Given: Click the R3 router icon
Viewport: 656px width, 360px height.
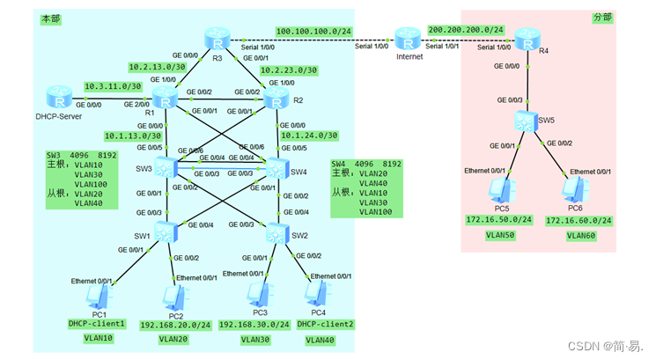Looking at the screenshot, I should [x=216, y=40].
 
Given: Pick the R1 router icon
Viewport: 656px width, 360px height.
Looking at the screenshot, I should [x=165, y=98].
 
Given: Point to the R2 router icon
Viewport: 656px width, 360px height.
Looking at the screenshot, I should [x=278, y=98].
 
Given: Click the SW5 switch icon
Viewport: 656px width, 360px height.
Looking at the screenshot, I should [x=527, y=120].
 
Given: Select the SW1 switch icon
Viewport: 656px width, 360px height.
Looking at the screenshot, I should [x=165, y=232].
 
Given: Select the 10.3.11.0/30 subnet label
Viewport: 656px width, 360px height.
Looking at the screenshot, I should [x=113, y=86].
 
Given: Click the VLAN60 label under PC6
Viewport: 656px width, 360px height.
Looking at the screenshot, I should [x=582, y=235].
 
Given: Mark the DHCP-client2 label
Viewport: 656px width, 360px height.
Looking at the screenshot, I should [x=326, y=324].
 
